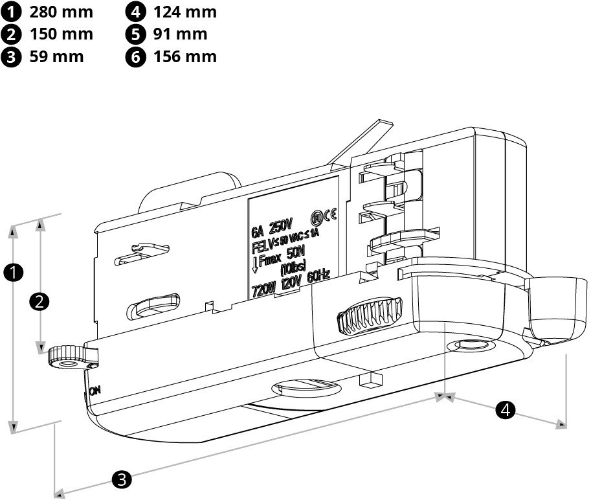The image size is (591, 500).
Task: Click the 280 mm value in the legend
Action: [x=61, y=12]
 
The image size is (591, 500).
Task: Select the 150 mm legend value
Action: [x=61, y=34]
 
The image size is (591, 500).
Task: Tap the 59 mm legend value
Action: [x=56, y=56]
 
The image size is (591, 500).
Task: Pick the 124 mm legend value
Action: [x=185, y=12]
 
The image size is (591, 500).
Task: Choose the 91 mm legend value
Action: [x=181, y=34]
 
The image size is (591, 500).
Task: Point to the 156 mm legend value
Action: [x=185, y=56]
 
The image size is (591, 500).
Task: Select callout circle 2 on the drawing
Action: [x=40, y=301]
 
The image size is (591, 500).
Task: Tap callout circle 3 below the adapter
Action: [x=122, y=480]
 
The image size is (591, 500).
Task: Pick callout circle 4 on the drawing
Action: [x=506, y=409]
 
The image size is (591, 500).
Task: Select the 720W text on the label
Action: [x=263, y=288]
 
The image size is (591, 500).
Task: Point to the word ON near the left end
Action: [x=95, y=391]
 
